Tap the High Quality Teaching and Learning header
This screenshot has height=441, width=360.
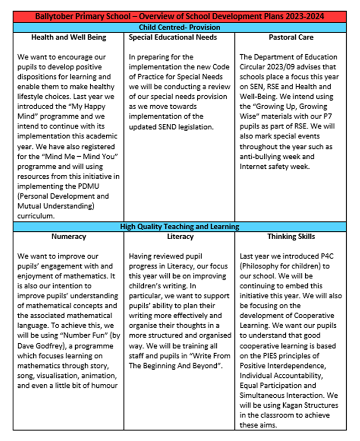pyautogui.click(x=180, y=226)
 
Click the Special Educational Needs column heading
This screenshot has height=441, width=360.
pyautogui.click(x=173, y=38)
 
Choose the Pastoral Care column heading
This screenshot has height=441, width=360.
pyautogui.click(x=291, y=38)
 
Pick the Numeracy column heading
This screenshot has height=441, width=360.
pyautogui.click(x=69, y=237)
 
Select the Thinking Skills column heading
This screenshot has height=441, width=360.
pyautogui.click(x=291, y=237)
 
